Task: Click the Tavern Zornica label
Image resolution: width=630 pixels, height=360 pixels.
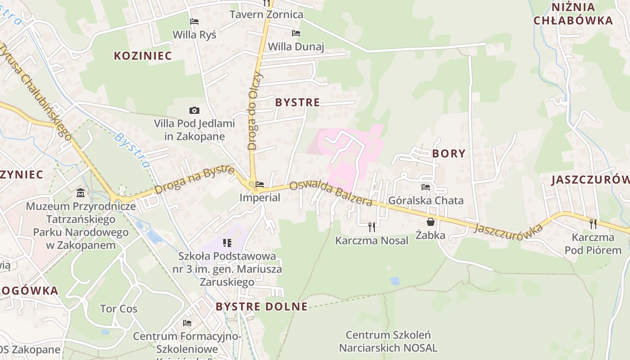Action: pyautogui.click(x=266, y=14)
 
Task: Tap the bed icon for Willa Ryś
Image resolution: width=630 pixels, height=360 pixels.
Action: pyautogui.click(x=194, y=21)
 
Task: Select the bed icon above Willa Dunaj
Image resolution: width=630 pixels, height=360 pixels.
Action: pyautogui.click(x=296, y=33)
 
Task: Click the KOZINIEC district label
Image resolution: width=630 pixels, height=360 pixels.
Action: pyautogui.click(x=143, y=56)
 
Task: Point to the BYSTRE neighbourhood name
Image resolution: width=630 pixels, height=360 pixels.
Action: pyautogui.click(x=297, y=102)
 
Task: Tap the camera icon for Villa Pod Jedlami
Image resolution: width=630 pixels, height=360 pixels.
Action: pyautogui.click(x=194, y=110)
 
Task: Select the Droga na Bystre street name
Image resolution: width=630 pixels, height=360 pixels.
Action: pyautogui.click(x=194, y=180)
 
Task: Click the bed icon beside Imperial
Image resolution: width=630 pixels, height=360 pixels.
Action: pyautogui.click(x=260, y=184)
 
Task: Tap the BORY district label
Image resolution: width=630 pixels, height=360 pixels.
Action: pyautogui.click(x=449, y=153)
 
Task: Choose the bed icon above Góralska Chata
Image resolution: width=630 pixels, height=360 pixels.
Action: pyautogui.click(x=426, y=187)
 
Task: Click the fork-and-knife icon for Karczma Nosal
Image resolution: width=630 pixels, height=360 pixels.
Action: pyautogui.click(x=372, y=227)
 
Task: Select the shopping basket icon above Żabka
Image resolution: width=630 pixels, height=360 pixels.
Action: pyautogui.click(x=431, y=222)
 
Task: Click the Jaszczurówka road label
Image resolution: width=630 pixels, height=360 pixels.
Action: pyautogui.click(x=508, y=229)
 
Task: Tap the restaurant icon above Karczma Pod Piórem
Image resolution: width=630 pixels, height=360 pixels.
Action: pyautogui.click(x=593, y=224)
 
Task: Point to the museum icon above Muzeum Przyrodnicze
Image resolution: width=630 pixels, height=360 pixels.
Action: pyautogui.click(x=81, y=193)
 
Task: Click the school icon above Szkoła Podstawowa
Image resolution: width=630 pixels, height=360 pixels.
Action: pyautogui.click(x=227, y=243)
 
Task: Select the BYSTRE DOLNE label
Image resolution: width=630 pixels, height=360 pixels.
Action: pyautogui.click(x=261, y=307)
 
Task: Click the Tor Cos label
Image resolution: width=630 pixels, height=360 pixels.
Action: pyautogui.click(x=119, y=309)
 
